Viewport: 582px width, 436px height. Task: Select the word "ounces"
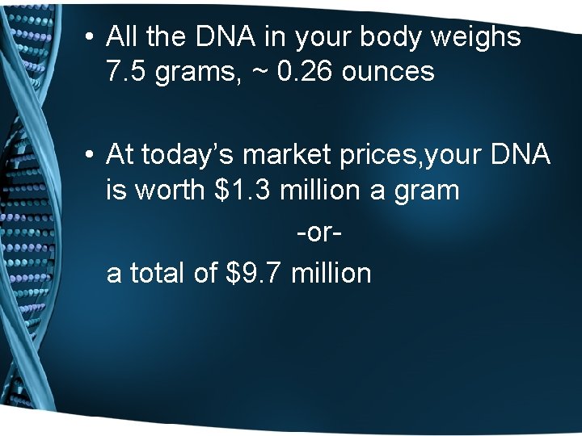[x=388, y=73]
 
